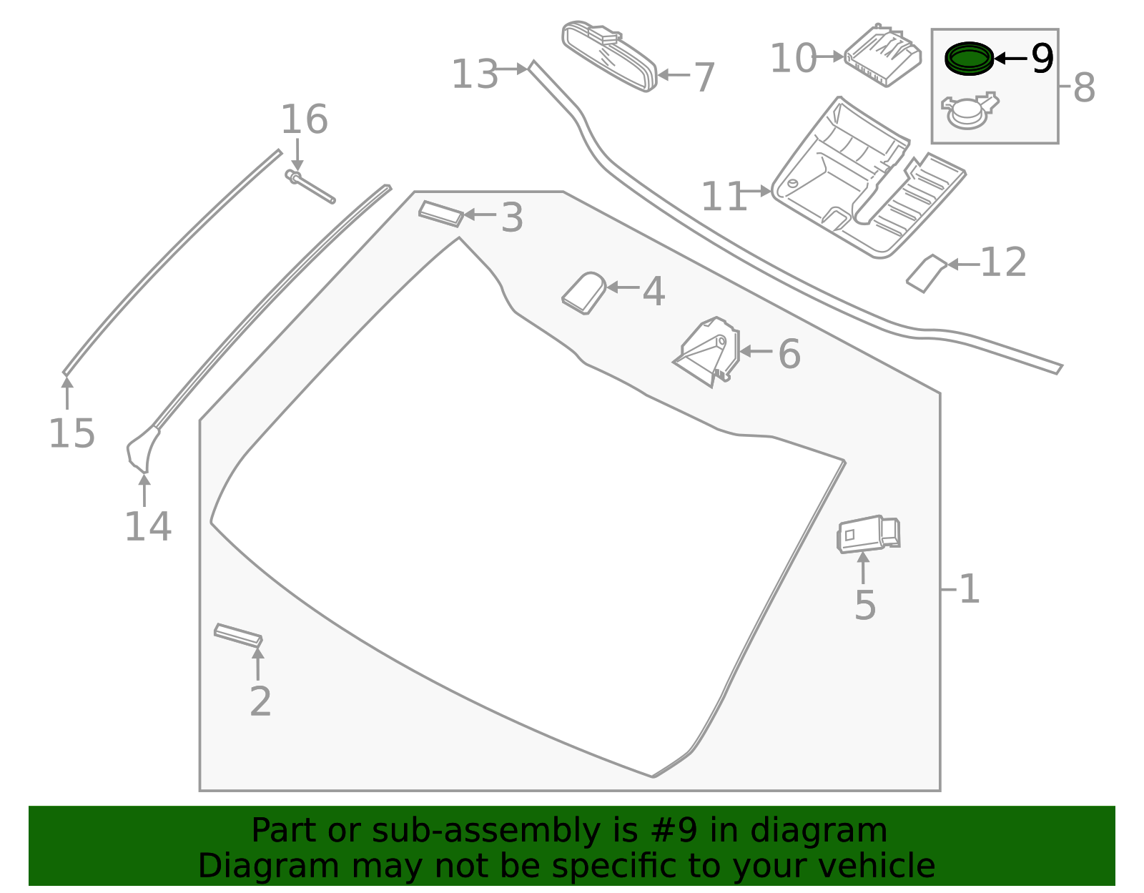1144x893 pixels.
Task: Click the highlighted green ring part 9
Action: [969, 58]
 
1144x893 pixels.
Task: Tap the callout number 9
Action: [1042, 59]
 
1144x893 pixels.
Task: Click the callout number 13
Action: [474, 74]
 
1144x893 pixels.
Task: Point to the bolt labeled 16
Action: [309, 185]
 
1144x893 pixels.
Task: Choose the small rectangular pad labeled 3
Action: [441, 213]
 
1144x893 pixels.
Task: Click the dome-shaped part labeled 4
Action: [583, 293]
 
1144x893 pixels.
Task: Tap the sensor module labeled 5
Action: [867, 534]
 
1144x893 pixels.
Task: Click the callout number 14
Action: [148, 527]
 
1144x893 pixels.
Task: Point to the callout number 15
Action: [71, 433]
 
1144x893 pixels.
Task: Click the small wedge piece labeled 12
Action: [926, 272]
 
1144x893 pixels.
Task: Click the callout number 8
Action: [1084, 89]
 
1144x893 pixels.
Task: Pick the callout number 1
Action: [969, 590]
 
